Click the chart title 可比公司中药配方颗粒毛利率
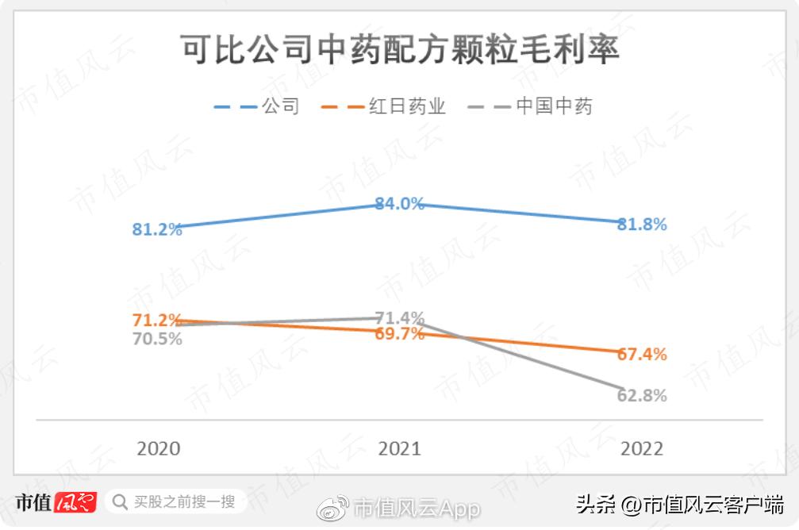[x=399, y=49]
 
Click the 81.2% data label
[x=157, y=230]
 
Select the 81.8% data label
[x=642, y=225]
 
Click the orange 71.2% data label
[x=157, y=321]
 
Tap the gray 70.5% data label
[x=157, y=339]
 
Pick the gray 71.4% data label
[x=400, y=318]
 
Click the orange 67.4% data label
[x=642, y=355]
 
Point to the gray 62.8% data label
[x=642, y=395]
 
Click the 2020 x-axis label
[x=158, y=448]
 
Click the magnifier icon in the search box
[x=120, y=502]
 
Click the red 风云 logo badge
[x=75, y=502]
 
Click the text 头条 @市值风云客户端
[x=679, y=504]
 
